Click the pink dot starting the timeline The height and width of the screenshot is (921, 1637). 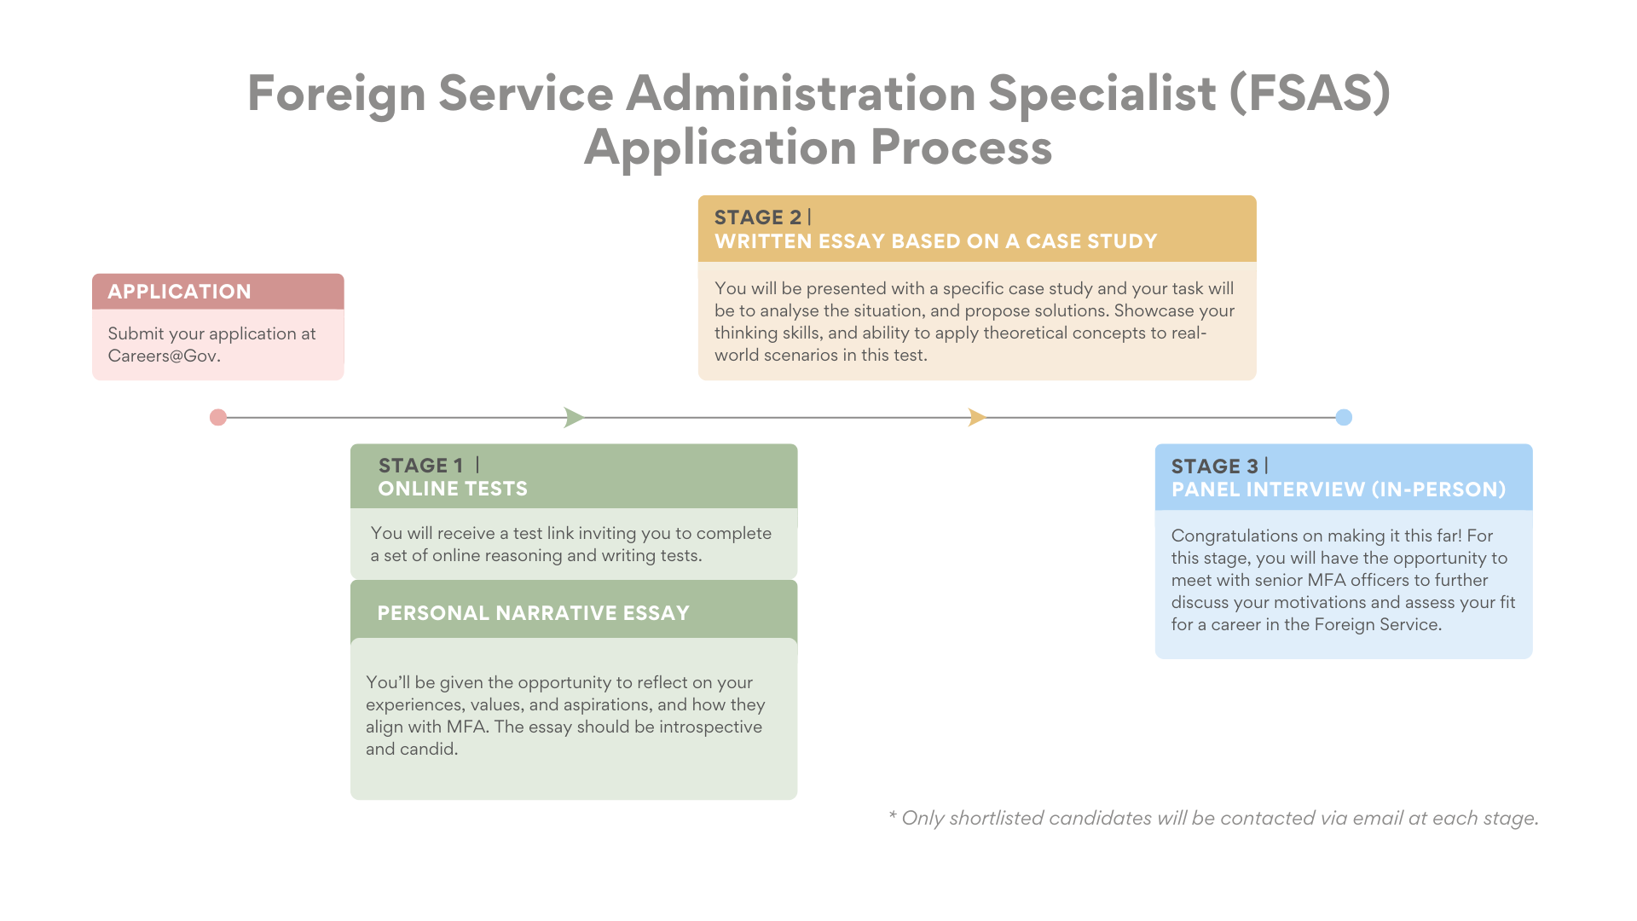[218, 417]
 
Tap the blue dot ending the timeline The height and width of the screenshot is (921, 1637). [1344, 417]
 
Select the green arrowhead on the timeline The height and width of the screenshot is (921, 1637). [574, 417]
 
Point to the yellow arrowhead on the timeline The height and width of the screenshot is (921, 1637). [977, 417]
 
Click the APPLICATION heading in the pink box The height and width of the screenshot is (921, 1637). [179, 292]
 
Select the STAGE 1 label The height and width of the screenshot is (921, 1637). [420, 466]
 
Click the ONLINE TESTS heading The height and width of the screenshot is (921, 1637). [453, 489]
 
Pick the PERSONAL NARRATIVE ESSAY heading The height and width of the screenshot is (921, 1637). [533, 613]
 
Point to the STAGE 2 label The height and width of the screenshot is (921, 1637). [757, 217]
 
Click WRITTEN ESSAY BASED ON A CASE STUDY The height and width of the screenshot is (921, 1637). [935, 241]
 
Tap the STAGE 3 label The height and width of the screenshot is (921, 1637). [1214, 466]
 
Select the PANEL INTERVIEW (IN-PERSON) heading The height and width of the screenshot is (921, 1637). [1339, 489]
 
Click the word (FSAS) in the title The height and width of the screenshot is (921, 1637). [1310, 93]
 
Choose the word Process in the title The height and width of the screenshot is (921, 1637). [961, 148]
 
